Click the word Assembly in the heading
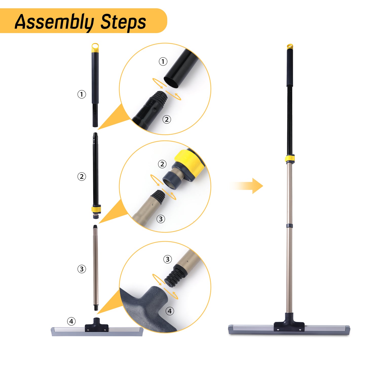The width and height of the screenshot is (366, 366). click(54, 22)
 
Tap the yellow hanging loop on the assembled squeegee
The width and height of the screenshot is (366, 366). click(290, 47)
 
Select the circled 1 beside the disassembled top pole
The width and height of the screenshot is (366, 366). click(82, 94)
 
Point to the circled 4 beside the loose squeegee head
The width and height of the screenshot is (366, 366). click(71, 321)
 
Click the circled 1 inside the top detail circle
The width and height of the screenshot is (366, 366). click(163, 62)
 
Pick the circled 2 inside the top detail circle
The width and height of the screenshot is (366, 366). click(167, 119)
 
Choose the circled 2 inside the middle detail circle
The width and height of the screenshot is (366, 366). click(162, 164)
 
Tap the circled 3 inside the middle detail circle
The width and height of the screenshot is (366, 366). click(161, 219)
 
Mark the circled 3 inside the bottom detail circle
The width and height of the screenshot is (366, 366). click(167, 259)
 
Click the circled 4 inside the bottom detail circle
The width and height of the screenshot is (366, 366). click(170, 311)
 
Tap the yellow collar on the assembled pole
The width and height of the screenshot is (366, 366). click(290, 159)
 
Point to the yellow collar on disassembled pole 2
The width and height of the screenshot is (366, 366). click(96, 210)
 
